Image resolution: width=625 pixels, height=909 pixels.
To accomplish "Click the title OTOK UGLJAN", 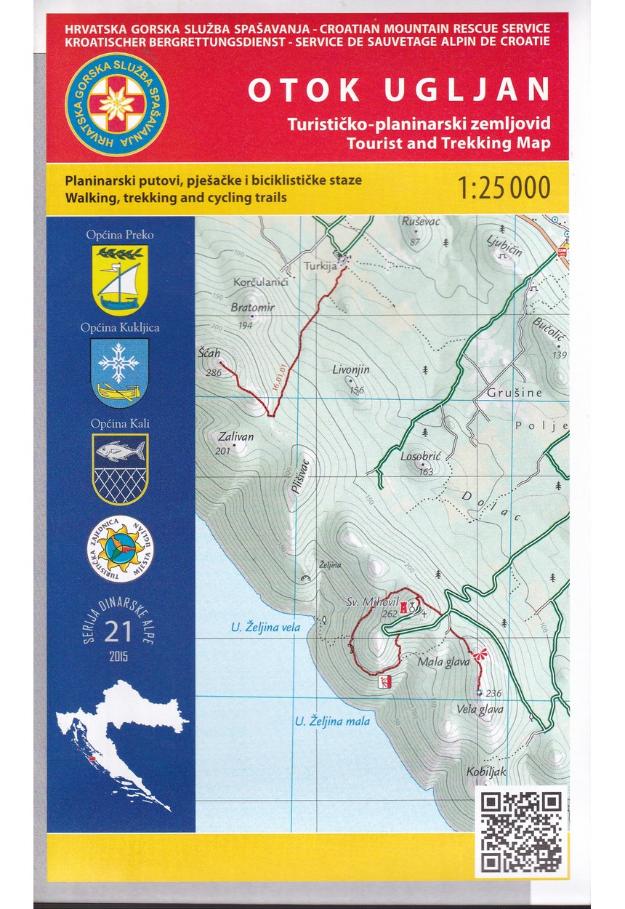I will pyautogui.click(x=398, y=89).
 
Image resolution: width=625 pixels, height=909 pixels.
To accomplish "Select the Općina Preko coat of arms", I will pyautogui.click(x=121, y=279).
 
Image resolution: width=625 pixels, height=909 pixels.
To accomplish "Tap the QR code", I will pyautogui.click(x=523, y=832).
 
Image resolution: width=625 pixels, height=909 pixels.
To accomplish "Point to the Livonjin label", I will pyautogui.click(x=351, y=369).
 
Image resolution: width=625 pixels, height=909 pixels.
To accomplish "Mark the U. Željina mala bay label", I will pyautogui.click(x=332, y=722).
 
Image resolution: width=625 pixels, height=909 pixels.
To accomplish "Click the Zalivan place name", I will pyautogui.click(x=235, y=437).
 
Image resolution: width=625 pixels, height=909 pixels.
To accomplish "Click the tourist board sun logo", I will pyautogui.click(x=121, y=548).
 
